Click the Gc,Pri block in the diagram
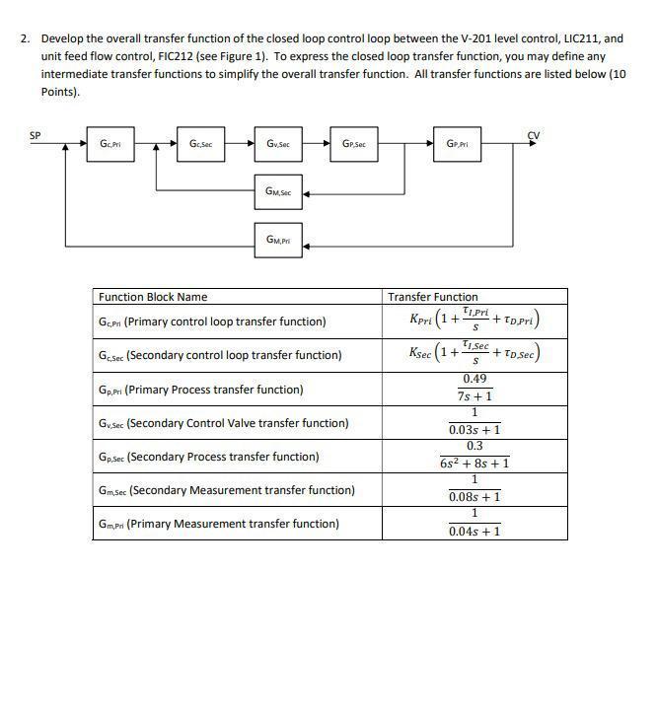[109, 144]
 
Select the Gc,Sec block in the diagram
[200, 144]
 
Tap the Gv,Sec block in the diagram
[278, 144]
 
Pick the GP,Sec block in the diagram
[354, 144]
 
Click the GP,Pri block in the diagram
[457, 144]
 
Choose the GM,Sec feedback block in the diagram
[278, 192]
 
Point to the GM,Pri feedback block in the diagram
[278, 240]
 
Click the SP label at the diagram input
[36, 135]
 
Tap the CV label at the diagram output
[534, 135]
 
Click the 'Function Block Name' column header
[152, 297]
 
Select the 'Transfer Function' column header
[433, 297]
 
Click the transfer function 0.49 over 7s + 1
[474, 389]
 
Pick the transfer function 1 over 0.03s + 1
[474, 422]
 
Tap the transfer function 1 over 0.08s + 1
[474, 489]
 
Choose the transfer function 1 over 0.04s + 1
[474, 523]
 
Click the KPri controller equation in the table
[474, 321]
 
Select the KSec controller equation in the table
[474, 354]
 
